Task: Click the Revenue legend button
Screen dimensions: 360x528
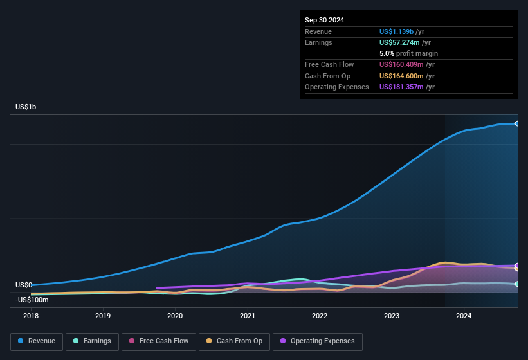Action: click(x=37, y=341)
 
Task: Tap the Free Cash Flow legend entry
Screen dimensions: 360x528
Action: click(x=158, y=341)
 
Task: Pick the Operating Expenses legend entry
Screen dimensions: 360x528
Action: click(x=318, y=341)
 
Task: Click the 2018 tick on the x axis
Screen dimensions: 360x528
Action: click(x=31, y=316)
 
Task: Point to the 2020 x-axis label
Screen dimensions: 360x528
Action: click(x=175, y=316)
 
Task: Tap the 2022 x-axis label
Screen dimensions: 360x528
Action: click(x=320, y=316)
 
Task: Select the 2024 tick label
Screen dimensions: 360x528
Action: click(x=464, y=316)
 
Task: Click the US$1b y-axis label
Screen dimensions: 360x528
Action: click(x=26, y=107)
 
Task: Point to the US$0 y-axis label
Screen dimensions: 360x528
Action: click(x=24, y=285)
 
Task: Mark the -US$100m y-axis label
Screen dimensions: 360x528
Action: click(x=32, y=300)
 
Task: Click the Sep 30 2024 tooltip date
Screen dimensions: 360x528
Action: click(x=324, y=20)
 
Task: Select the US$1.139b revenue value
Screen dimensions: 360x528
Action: click(x=396, y=32)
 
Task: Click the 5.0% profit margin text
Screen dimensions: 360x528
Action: click(x=408, y=53)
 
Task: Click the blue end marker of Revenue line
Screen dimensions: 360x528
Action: click(x=516, y=123)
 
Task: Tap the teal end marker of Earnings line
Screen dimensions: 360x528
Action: click(x=516, y=283)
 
